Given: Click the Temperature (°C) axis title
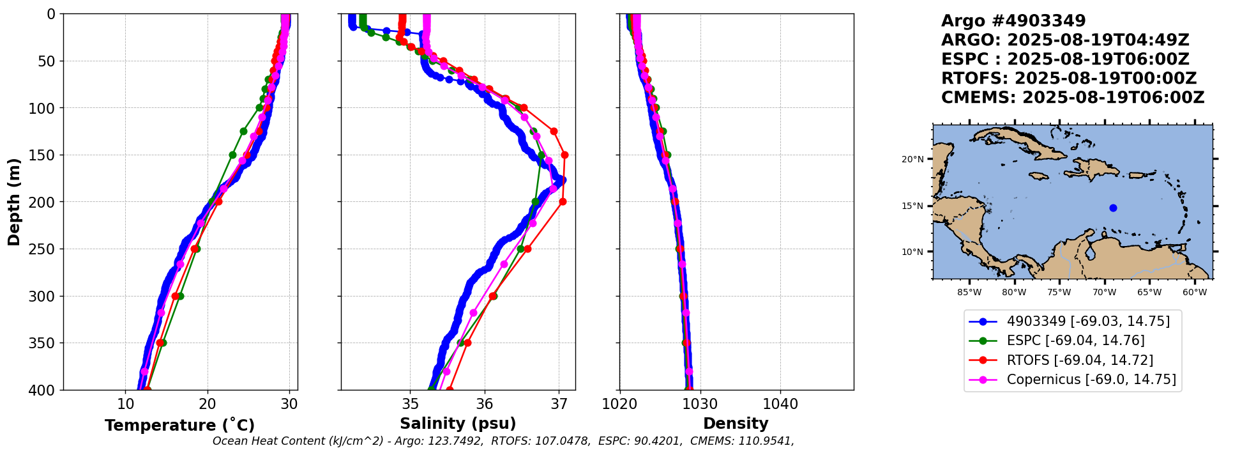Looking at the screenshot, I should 179,426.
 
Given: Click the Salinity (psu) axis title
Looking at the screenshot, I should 458,424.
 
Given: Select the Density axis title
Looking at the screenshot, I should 736,424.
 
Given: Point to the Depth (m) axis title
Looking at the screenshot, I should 14,202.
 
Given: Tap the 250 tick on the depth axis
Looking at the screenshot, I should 46,249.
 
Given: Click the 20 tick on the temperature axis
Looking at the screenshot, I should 208,404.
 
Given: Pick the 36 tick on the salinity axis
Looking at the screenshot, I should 485,404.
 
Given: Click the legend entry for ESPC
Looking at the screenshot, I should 1075,341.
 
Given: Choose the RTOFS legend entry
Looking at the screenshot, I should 1080,360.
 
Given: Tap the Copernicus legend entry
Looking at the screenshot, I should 1091,380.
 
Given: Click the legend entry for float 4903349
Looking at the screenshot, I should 1088,321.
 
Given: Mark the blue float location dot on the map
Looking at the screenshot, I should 1113,208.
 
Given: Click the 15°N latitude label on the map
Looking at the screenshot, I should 912,206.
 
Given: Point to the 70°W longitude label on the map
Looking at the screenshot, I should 1103,293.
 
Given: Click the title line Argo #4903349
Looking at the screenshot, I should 1013,21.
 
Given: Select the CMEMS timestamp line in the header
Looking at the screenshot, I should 1073,98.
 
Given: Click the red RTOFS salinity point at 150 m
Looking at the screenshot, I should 564,155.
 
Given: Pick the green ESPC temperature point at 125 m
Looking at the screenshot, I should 243,132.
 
